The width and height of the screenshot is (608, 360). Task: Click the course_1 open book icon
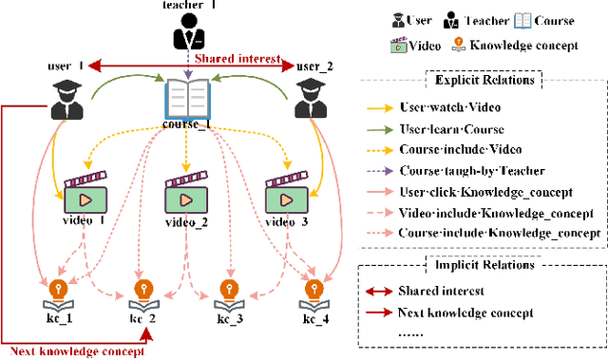pyautogui.click(x=188, y=100)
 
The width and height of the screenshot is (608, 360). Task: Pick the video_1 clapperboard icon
pyautogui.click(x=85, y=194)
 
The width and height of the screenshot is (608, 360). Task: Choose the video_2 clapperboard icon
pyautogui.click(x=186, y=194)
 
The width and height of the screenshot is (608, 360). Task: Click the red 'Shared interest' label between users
pyautogui.click(x=237, y=59)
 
